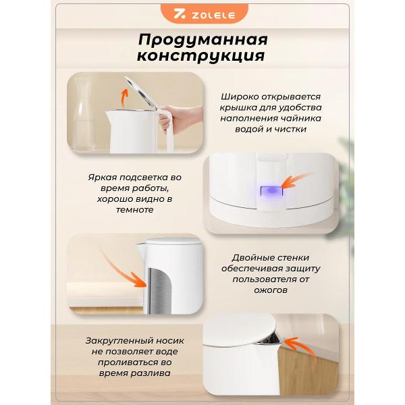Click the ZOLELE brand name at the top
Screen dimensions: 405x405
point(213,15)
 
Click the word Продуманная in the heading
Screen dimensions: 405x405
point(203,40)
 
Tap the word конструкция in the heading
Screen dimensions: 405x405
point(201,56)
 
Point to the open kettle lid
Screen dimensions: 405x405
point(141,92)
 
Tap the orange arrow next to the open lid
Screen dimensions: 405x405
point(124,99)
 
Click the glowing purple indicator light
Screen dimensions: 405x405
point(271,191)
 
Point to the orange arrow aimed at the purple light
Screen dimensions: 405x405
point(297,180)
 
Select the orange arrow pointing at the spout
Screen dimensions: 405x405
point(300,348)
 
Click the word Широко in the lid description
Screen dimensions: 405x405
point(240,97)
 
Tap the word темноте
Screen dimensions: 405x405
point(134,210)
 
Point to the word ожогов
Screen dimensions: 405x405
point(271,290)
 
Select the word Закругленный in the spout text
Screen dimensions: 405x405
point(117,341)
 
